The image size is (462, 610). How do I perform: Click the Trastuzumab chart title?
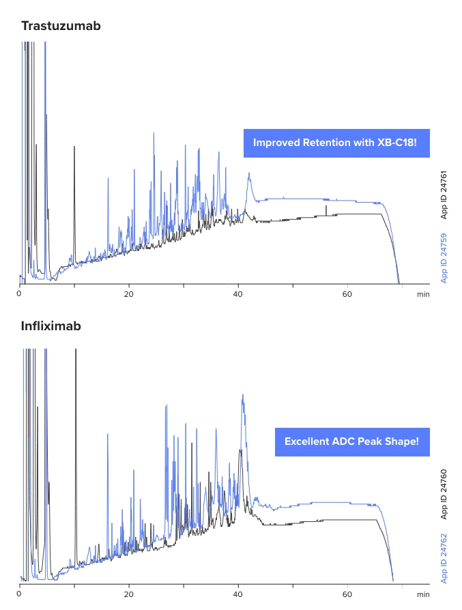61,27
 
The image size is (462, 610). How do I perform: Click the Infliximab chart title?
51,326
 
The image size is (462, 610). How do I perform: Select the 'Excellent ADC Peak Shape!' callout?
351,442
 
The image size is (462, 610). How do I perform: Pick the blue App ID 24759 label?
444,258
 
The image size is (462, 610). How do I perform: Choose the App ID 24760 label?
444,493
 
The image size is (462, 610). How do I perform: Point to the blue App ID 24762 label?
444,557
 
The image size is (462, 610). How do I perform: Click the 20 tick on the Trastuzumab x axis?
129,295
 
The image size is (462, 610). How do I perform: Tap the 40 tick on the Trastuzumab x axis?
238,295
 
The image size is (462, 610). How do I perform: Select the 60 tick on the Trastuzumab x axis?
347,295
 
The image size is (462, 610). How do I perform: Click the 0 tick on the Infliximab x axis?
20,594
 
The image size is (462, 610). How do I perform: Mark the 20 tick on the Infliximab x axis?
129,594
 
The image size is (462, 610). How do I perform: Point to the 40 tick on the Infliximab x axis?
238,594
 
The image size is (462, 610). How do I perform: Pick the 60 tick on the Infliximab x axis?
347,594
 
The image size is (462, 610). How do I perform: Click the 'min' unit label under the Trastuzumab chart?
423,295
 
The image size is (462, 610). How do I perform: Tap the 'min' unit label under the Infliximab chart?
423,594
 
